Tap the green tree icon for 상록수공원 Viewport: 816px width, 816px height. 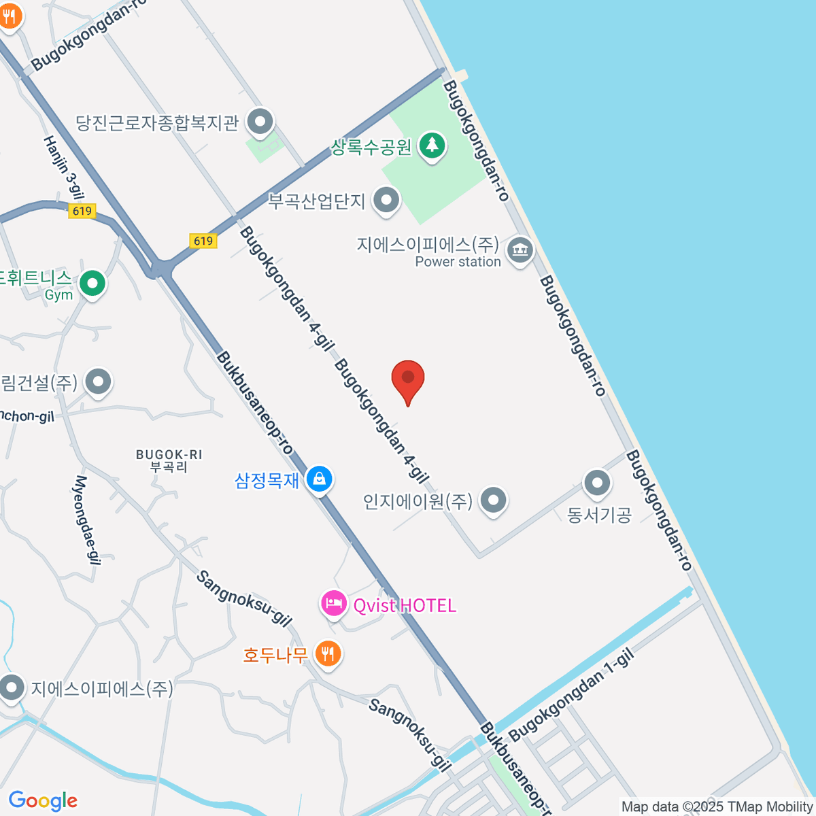pos(431,145)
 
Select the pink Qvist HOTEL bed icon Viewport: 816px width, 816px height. pos(334,603)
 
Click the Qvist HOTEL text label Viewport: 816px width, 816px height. pos(405,605)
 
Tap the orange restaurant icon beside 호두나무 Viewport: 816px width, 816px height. pos(328,654)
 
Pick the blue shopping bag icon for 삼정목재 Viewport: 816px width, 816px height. pos(319,479)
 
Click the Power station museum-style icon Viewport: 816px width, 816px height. pos(520,250)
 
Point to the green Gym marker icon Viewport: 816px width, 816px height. pos(92,284)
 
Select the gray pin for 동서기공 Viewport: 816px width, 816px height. pos(598,483)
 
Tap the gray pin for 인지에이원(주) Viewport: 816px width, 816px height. pos(493,500)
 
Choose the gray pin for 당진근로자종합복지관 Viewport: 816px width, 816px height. pos(259,123)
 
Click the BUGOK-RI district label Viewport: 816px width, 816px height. pos(169,460)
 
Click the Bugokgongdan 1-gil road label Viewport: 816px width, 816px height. pos(571,695)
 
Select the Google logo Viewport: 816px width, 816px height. pos(43,801)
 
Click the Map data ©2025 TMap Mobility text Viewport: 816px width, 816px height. pos(717,806)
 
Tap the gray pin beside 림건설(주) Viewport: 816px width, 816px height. pos(99,382)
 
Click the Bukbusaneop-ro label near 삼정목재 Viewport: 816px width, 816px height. pos(254,403)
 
